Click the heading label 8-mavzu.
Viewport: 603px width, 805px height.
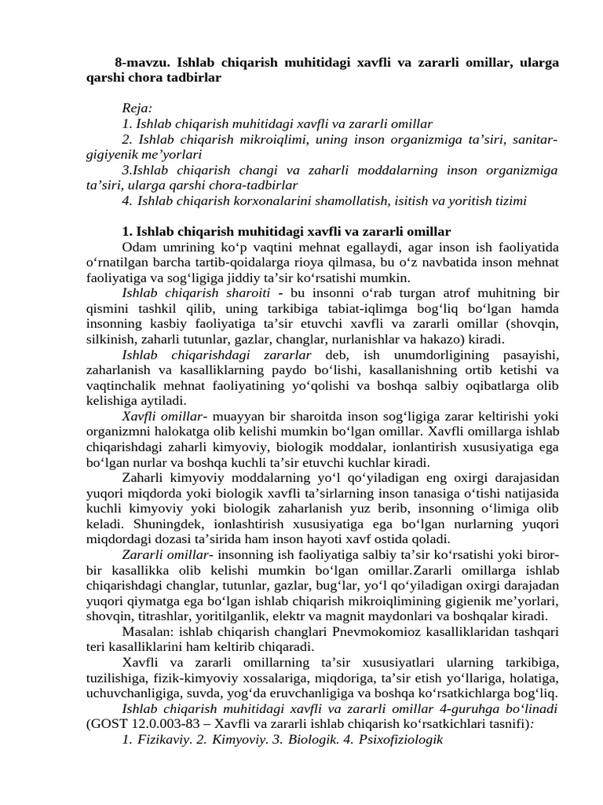pos(142,62)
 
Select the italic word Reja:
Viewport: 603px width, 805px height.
pos(137,108)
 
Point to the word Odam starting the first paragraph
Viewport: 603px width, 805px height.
pos(138,247)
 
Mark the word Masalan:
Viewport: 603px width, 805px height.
pos(148,631)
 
